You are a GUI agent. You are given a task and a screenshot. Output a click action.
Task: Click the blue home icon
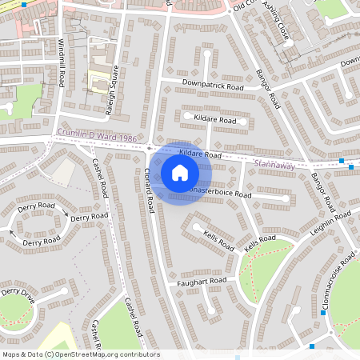click(x=180, y=172)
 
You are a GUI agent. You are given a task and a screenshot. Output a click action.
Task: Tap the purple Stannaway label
click(x=274, y=165)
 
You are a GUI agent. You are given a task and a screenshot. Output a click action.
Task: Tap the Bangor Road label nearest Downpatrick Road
click(x=268, y=90)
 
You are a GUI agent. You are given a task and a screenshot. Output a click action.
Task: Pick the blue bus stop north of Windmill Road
click(x=25, y=4)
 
